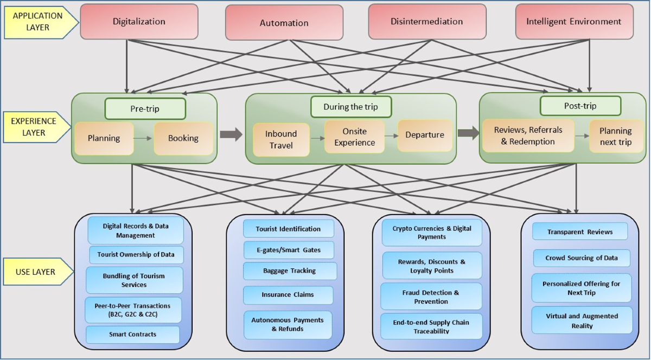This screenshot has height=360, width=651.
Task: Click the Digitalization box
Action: (x=139, y=22)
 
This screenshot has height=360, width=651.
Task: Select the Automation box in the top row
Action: (x=284, y=23)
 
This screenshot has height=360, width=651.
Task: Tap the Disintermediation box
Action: (x=426, y=22)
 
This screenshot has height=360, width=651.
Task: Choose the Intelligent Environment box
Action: (x=573, y=22)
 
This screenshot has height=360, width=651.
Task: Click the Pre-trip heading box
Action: (x=145, y=108)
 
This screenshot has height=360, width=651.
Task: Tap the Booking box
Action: (x=183, y=138)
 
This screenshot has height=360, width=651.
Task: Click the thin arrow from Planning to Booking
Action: (x=143, y=138)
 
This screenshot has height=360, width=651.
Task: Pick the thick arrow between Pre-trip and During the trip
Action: (x=231, y=135)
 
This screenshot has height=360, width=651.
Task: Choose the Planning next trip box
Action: (x=615, y=136)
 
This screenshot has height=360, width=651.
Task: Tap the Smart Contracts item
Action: (x=133, y=335)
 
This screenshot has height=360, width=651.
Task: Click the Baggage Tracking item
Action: (x=289, y=271)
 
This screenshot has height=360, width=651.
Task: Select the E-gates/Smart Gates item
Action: (x=288, y=250)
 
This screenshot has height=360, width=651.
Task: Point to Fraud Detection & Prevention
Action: (x=431, y=297)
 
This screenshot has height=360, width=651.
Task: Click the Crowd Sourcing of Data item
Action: (x=581, y=258)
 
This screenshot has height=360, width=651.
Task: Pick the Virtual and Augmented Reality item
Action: (x=582, y=320)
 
